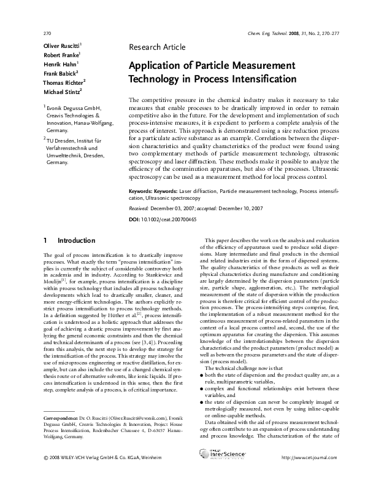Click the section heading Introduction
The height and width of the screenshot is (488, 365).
74,240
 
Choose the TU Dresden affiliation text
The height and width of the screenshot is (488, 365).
67,141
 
